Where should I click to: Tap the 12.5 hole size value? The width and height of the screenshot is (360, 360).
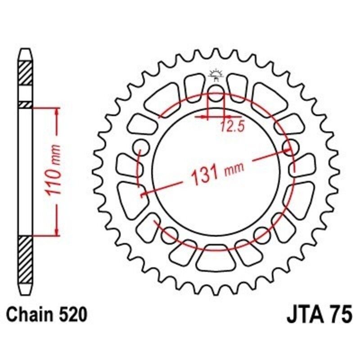tap(232, 127)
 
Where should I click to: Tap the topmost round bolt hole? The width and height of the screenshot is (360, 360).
tap(216, 96)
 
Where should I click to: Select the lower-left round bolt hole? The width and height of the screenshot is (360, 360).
tap(170, 233)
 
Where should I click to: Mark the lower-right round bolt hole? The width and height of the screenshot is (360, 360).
tap(262, 233)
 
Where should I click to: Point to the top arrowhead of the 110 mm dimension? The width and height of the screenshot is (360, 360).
tap(57, 111)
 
